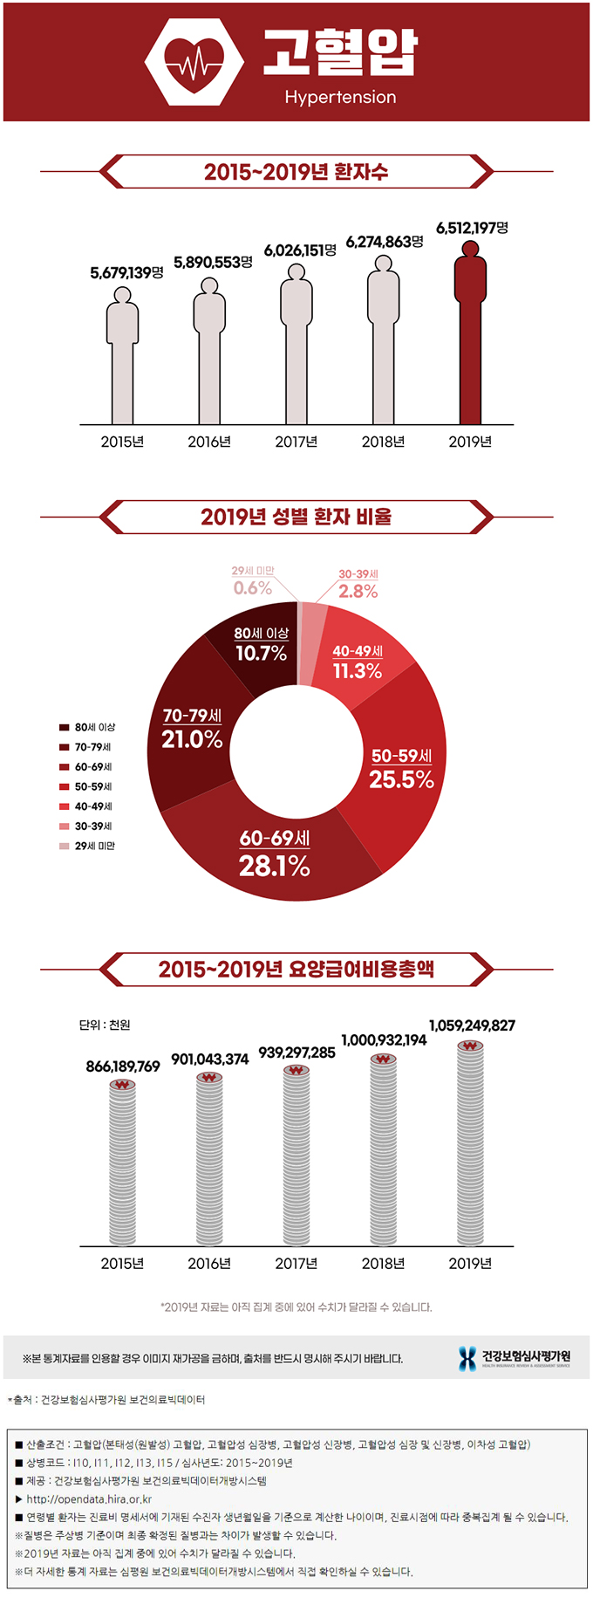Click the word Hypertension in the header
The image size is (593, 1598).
click(340, 97)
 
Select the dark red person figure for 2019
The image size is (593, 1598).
click(470, 332)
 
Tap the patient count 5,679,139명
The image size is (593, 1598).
click(126, 273)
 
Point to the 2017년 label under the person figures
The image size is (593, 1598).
click(296, 442)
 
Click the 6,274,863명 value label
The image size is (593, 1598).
click(385, 242)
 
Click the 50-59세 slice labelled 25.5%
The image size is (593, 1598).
click(401, 769)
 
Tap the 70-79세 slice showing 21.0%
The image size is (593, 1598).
click(192, 729)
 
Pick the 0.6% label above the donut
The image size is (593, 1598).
click(253, 588)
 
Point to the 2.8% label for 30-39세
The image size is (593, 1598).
click(358, 591)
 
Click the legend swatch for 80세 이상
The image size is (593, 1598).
click(65, 727)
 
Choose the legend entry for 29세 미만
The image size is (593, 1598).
click(87, 846)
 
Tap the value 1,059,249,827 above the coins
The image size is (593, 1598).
click(472, 1025)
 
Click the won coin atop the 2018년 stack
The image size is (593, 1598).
click(383, 1059)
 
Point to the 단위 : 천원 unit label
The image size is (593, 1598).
click(105, 1025)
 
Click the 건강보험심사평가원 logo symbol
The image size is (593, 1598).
click(467, 1358)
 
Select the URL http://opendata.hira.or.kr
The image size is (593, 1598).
click(89, 1499)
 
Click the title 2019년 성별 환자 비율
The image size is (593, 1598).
click(296, 517)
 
